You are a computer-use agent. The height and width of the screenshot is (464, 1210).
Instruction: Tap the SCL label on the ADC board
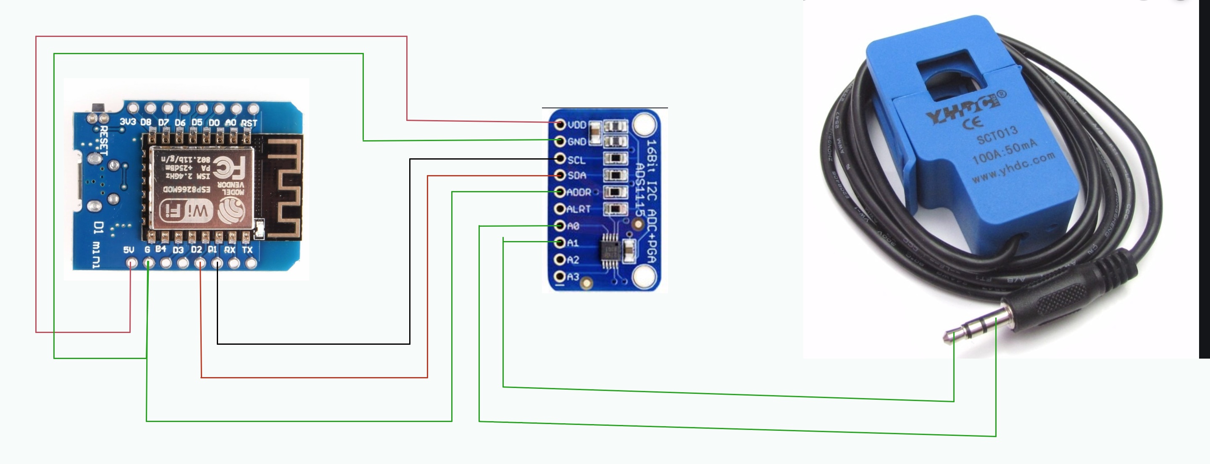tap(576, 160)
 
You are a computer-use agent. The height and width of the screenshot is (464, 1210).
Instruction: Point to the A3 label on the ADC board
tap(573, 277)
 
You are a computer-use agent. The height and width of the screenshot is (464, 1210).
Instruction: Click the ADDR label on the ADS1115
tap(579, 192)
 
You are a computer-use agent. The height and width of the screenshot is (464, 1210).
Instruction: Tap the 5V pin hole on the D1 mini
tap(132, 263)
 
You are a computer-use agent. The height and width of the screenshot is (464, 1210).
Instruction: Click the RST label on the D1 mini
tap(249, 123)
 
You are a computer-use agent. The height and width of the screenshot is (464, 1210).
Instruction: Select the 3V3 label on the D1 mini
tap(128, 122)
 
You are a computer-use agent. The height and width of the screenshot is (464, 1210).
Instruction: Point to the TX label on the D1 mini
tap(247, 250)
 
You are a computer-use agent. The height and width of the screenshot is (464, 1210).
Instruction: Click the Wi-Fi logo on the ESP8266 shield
tap(187, 210)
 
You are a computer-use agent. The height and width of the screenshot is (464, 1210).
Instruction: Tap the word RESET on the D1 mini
tap(103, 140)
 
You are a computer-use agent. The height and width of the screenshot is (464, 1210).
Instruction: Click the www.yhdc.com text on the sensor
tap(1014, 168)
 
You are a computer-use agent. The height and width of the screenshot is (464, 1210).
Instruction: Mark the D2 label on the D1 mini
tap(196, 249)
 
